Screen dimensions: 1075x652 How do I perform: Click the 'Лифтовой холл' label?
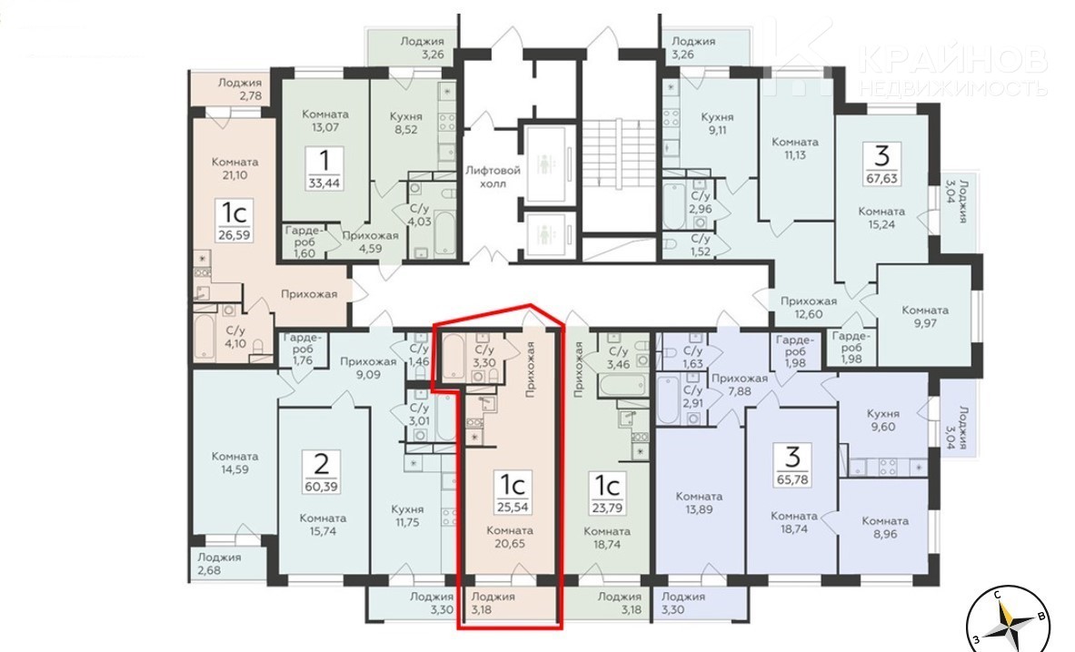493,177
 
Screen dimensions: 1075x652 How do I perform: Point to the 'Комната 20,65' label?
510,537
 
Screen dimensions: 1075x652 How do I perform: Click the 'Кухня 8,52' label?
406,123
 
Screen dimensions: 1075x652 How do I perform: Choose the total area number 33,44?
324,183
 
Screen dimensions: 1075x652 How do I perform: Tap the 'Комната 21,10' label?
235,169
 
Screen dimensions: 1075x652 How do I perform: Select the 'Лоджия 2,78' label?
240,89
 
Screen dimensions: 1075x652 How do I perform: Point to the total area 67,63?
881,179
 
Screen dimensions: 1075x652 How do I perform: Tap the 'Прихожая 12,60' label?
809,308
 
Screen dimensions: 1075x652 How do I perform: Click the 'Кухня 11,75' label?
408,516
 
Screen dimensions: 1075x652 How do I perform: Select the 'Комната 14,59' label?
235,463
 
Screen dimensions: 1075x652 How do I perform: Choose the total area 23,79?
607,509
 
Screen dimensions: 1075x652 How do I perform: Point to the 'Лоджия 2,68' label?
219,563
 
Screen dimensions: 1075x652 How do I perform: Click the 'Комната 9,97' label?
926,316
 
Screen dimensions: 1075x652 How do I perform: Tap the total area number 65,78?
792,479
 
